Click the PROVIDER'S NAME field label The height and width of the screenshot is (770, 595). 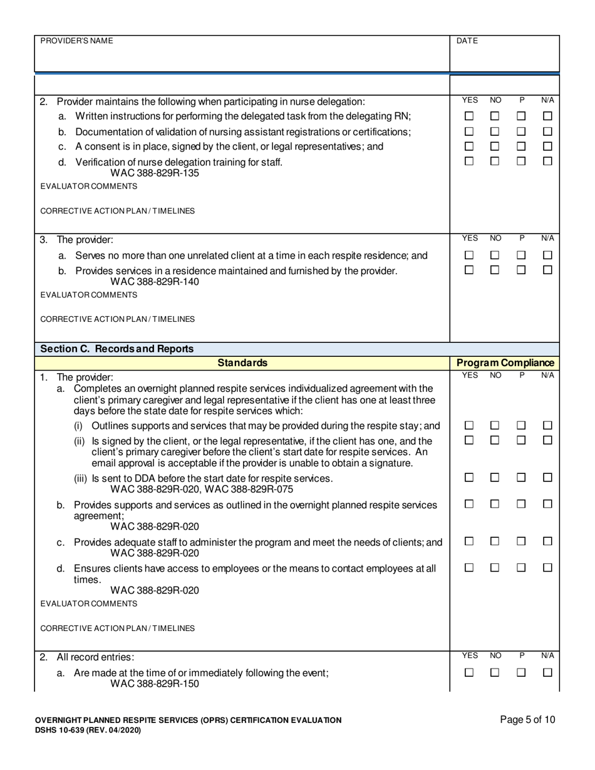tap(76, 41)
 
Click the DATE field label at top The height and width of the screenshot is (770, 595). tap(467, 41)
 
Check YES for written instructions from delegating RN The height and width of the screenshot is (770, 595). tap(469, 116)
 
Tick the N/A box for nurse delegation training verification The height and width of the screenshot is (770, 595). tap(547, 161)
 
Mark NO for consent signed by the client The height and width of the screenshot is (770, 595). tap(495, 146)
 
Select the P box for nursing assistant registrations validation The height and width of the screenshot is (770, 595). tap(521, 131)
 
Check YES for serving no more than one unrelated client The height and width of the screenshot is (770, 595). tap(469, 255)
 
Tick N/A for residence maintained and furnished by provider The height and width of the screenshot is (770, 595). tap(547, 270)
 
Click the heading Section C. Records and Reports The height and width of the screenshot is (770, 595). tap(117, 349)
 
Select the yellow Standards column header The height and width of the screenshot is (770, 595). tap(242, 362)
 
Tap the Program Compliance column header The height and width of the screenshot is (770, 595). tap(505, 362)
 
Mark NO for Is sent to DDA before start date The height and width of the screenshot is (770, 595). tap(495, 478)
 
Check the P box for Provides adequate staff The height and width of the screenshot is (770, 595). tap(521, 541)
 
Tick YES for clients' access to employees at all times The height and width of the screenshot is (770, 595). tap(469, 567)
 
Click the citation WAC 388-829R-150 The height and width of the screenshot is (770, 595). tap(155, 684)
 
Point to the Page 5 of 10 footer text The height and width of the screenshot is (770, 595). tap(527, 720)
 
